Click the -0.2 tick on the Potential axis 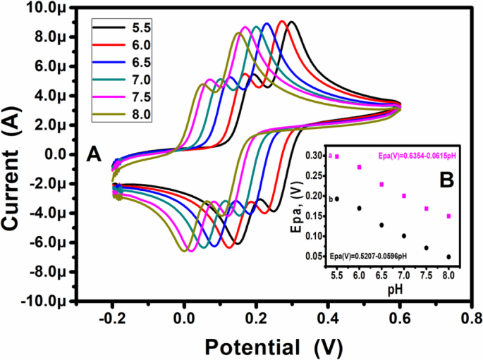111,317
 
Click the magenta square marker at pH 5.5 337,156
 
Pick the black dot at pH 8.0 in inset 448,256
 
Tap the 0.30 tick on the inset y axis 315,155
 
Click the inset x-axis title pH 393,289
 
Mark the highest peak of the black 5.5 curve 291,22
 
